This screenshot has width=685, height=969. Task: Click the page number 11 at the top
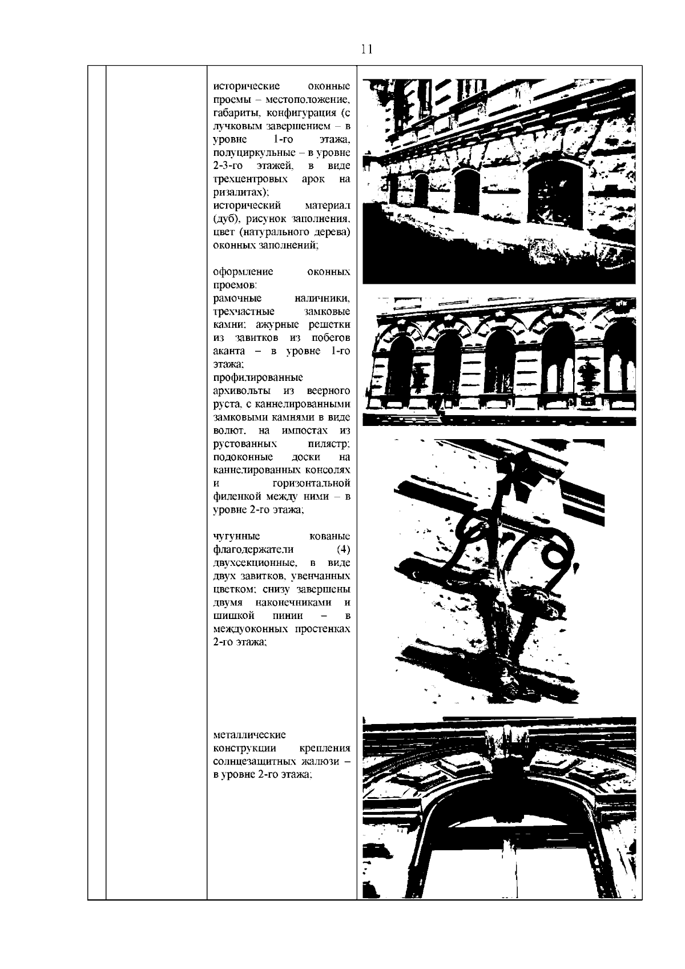(x=366, y=49)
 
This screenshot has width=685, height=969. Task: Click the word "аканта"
(x=229, y=351)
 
